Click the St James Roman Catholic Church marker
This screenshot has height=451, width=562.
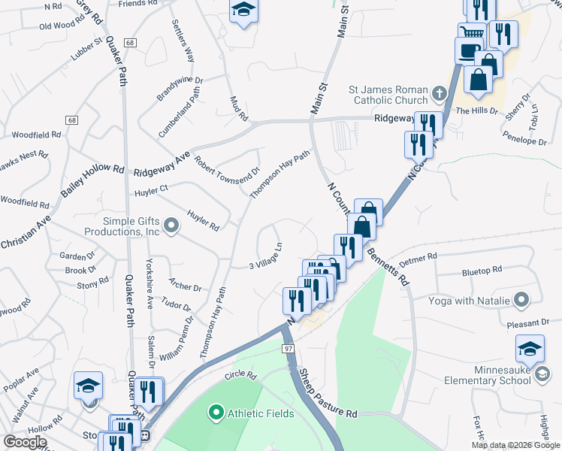coord(440,95)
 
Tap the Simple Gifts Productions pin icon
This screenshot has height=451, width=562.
coord(172,225)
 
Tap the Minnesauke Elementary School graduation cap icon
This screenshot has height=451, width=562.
coord(530,348)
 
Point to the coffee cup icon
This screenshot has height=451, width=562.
coord(470,50)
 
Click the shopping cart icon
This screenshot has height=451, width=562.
coord(472,32)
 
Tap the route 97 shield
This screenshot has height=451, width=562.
coord(289,349)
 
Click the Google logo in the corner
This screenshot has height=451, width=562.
coord(26,442)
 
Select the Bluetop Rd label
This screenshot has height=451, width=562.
coord(482,270)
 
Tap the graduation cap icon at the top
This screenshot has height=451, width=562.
coord(242,11)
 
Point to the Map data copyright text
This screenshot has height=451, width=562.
coord(515,445)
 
